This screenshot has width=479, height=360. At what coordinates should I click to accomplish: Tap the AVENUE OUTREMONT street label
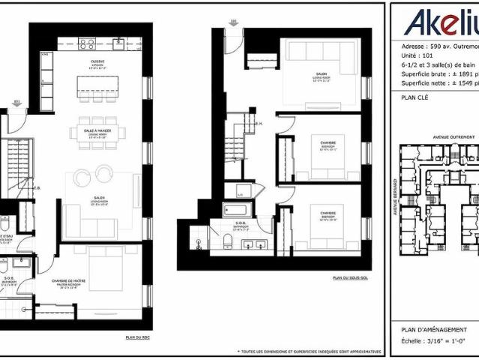455,138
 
